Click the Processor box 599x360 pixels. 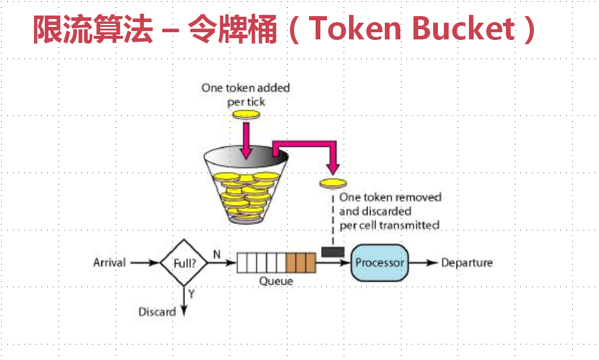[x=379, y=263]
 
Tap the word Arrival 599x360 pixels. [x=110, y=263]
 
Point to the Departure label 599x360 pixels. [x=467, y=263]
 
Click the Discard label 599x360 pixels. [x=157, y=312]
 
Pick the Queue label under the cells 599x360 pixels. [x=276, y=281]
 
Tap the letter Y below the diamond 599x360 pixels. [x=191, y=294]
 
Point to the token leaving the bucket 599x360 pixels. [x=332, y=183]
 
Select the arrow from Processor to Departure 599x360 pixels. [x=424, y=263]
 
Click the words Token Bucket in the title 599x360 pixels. [x=412, y=29]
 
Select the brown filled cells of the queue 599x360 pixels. [x=300, y=263]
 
